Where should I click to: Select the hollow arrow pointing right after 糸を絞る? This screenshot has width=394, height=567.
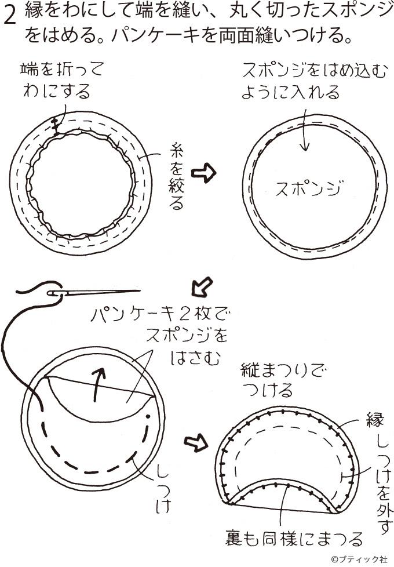[x=203, y=173]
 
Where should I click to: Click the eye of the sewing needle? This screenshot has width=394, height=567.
[x=54, y=293]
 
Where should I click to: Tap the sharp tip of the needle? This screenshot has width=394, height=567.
[x=140, y=290]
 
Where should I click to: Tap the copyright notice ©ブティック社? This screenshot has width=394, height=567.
[x=359, y=559]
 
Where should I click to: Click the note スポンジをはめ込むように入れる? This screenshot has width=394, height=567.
[x=314, y=81]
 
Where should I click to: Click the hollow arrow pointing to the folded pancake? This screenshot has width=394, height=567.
[x=196, y=442]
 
